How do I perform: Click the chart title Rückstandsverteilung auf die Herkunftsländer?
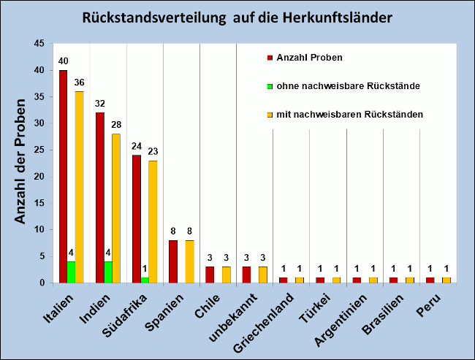click(237, 17)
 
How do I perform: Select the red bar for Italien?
click(63, 176)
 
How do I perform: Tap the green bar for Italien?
click(71, 272)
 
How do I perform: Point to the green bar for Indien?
click(108, 272)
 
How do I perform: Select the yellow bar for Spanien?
click(189, 261)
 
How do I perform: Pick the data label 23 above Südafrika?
click(153, 152)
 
